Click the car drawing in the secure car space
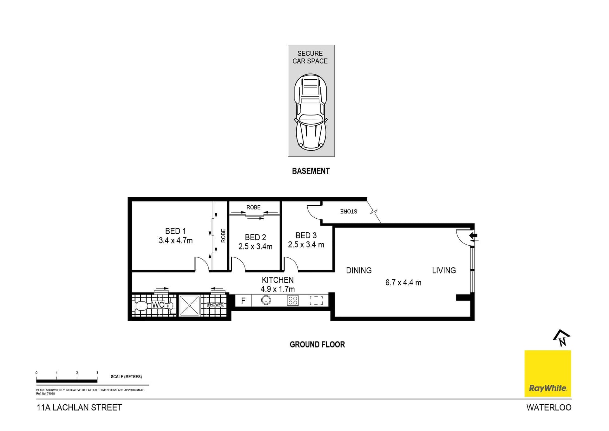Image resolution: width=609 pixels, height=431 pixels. [311, 112]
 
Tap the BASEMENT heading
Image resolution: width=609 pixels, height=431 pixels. [311, 171]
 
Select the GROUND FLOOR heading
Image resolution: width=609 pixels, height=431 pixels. [317, 344]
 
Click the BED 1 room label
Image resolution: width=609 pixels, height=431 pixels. [175, 231]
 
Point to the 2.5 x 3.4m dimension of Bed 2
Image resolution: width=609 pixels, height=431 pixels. [255, 247]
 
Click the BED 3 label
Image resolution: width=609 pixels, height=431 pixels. [306, 235]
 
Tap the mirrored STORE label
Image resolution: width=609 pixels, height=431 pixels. [349, 211]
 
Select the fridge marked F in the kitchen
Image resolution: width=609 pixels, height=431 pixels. [243, 301]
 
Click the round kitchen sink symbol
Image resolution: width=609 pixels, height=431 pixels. [266, 300]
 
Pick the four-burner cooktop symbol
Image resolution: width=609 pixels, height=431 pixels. [293, 301]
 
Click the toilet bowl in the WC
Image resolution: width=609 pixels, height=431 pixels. [141, 306]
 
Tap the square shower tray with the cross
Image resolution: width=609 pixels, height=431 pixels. [189, 306]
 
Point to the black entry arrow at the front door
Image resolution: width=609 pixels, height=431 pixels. [473, 235]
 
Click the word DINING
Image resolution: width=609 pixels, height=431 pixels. [359, 270]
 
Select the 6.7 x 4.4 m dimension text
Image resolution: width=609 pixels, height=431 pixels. [403, 282]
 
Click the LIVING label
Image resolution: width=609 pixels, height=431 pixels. [444, 270]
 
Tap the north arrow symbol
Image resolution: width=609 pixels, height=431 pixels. [561, 338]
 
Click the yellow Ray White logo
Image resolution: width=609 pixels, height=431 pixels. [547, 374]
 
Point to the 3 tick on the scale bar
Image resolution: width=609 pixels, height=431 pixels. [97, 373]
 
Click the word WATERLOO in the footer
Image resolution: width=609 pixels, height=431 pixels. [549, 408]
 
